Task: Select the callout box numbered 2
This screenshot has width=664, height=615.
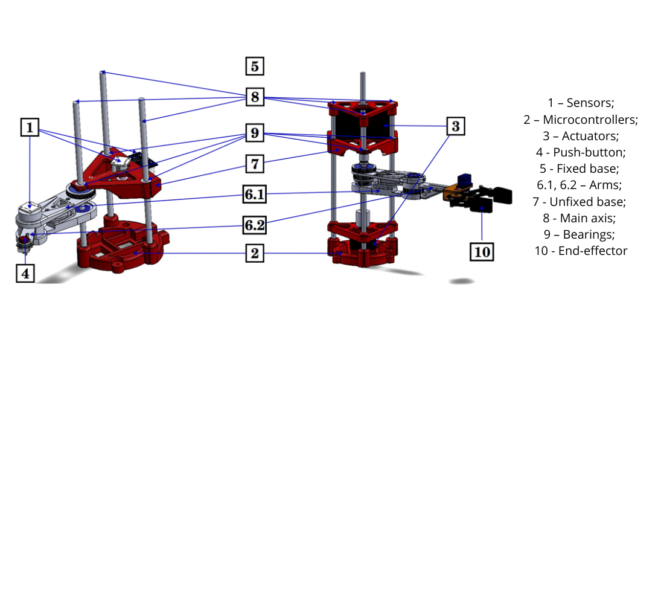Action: pyautogui.click(x=255, y=253)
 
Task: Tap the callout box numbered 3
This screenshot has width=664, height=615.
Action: pyautogui.click(x=456, y=126)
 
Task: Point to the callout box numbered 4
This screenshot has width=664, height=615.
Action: pyautogui.click(x=25, y=273)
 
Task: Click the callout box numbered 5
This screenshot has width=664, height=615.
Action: pyautogui.click(x=255, y=66)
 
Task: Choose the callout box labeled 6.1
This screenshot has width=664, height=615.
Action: pyautogui.click(x=255, y=195)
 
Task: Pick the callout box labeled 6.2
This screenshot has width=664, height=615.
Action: pyautogui.click(x=254, y=225)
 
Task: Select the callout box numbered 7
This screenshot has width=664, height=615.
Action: pyautogui.click(x=255, y=164)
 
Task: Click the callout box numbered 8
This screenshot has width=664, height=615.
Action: pyautogui.click(x=255, y=97)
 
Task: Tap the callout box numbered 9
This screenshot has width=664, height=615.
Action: pyautogui.click(x=255, y=133)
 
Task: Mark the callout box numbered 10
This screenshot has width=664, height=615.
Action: pyautogui.click(x=482, y=251)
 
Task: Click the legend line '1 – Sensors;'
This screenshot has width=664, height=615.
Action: pyautogui.click(x=581, y=103)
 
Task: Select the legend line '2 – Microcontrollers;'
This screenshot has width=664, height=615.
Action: pyautogui.click(x=581, y=120)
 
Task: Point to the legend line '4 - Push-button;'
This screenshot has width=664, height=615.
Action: pyautogui.click(x=581, y=152)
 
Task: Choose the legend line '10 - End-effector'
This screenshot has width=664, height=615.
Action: pyautogui.click(x=581, y=251)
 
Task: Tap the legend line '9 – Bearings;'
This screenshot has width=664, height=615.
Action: pyautogui.click(x=581, y=234)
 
